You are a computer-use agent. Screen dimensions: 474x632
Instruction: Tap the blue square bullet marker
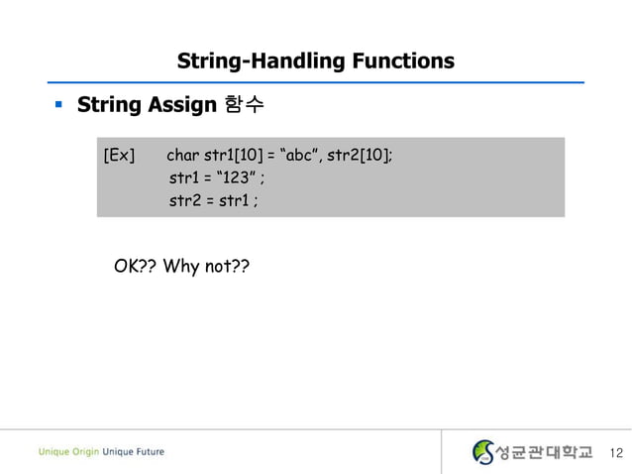click(x=58, y=103)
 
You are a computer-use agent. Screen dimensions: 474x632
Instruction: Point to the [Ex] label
click(x=119, y=156)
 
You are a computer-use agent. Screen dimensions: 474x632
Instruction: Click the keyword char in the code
click(x=182, y=156)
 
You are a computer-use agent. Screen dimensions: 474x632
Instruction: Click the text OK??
click(x=135, y=266)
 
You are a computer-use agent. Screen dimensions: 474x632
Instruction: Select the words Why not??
click(x=206, y=266)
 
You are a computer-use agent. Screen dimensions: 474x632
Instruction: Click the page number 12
click(x=616, y=453)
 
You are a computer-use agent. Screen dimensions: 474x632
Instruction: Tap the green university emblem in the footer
click(x=482, y=452)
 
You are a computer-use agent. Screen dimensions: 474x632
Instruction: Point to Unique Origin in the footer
click(x=69, y=452)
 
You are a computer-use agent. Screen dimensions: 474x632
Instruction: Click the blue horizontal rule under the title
click(x=317, y=81)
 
